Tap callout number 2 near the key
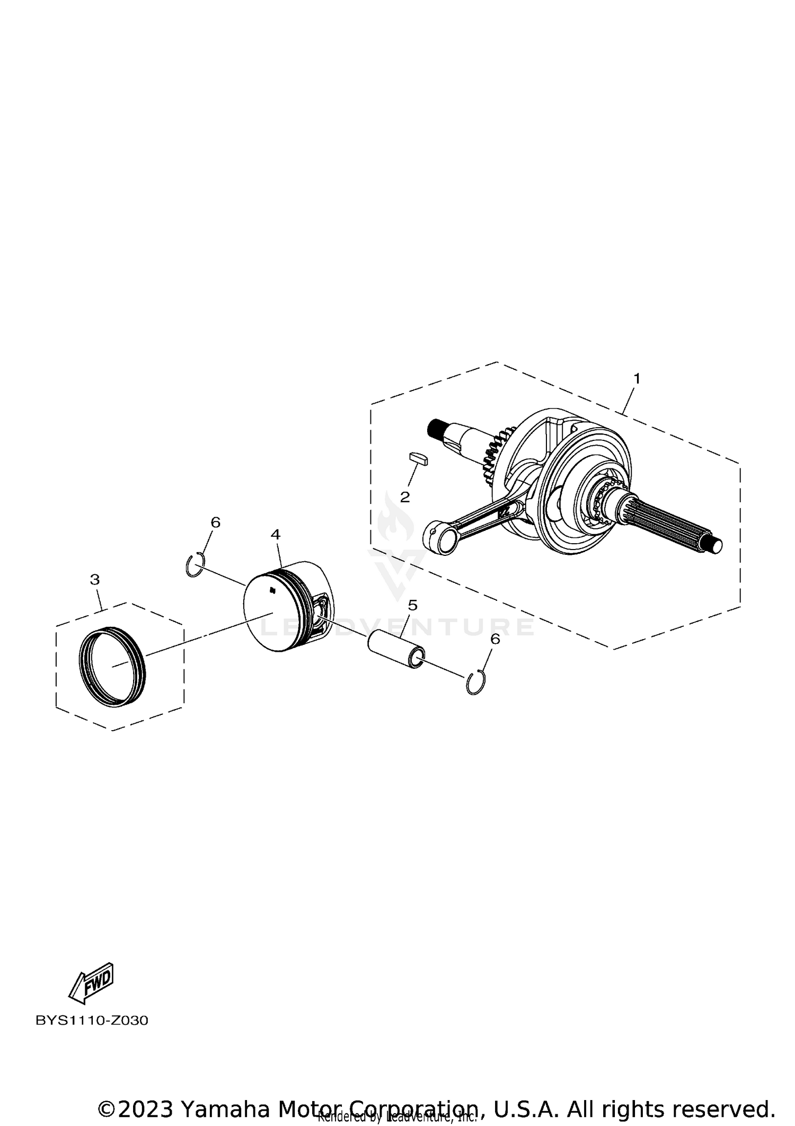[x=405, y=497]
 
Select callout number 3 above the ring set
[x=95, y=579]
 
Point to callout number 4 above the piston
[x=275, y=534]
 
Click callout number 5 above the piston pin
[x=412, y=605]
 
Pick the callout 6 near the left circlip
[x=215, y=522]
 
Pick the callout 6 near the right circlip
[x=494, y=639]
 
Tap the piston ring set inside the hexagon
[x=112, y=666]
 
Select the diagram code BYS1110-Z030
[x=92, y=1021]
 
